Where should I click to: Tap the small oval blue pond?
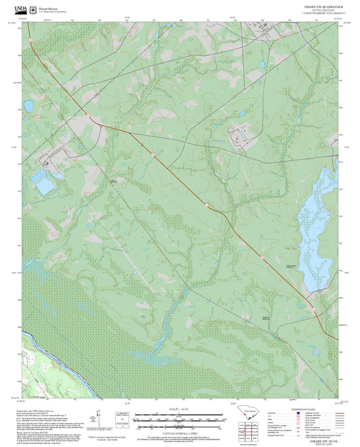point(28,106)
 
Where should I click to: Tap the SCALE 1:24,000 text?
point(180,409)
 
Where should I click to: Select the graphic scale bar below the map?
point(180,419)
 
